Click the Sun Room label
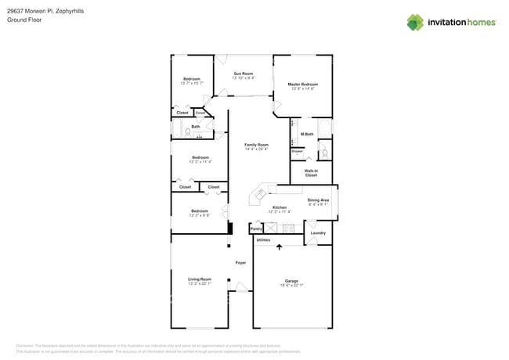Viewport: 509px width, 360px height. coord(243,74)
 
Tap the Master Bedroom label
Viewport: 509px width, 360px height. coord(302,84)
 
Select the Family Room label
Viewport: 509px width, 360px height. coord(256,144)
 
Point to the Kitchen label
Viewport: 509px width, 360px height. coord(280,207)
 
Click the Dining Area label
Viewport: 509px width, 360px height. coord(318,200)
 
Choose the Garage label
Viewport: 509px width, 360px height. coord(291,280)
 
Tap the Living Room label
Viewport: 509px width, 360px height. coord(200,279)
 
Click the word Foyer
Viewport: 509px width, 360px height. coord(240,262)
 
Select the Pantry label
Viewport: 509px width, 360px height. coord(256,229)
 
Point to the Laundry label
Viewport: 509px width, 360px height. coord(317,232)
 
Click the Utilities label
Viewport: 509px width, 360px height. coord(263,239)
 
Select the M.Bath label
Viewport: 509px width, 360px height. coord(307,135)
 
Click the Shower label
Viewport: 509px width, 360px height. coord(297,151)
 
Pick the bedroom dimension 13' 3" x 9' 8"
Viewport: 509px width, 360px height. coord(200,215)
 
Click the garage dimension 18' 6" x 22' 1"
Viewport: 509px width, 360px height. coord(291,285)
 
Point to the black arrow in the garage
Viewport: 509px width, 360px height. coord(279,247)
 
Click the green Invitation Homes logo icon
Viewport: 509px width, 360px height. coord(414,22)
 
